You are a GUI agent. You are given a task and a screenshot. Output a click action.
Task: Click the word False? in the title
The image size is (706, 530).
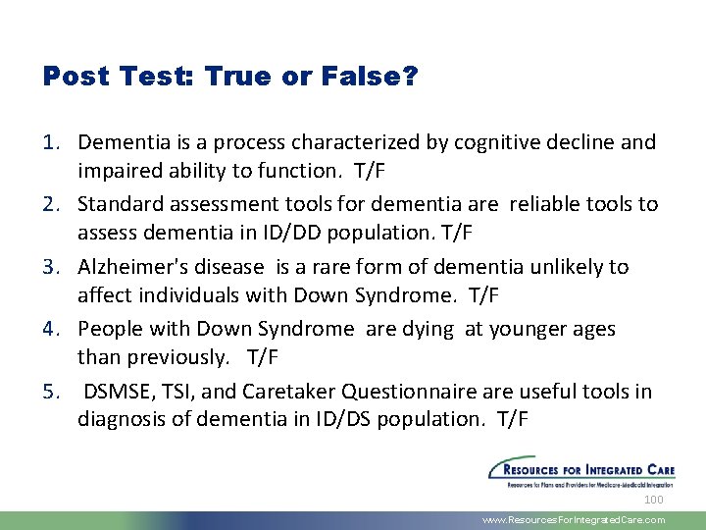pyautogui.click(x=371, y=78)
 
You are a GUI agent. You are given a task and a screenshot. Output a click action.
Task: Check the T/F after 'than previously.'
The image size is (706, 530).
pyautogui.click(x=263, y=357)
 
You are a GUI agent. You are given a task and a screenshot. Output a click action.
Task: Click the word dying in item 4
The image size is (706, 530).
pyautogui.click(x=426, y=329)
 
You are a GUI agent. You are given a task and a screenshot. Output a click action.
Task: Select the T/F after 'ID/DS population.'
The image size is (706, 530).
pyautogui.click(x=513, y=420)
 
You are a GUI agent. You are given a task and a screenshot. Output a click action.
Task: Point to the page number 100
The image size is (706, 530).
pyautogui.click(x=653, y=501)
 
